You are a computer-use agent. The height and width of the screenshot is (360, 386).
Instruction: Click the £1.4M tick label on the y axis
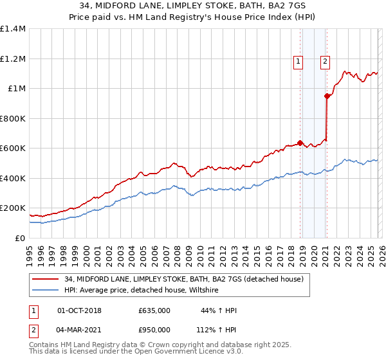[12, 29]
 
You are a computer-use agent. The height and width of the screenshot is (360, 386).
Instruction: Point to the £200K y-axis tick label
[12, 208]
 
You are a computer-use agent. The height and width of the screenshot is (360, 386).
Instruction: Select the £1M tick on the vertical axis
[16, 89]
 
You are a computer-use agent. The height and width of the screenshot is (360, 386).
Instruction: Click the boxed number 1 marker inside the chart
[299, 62]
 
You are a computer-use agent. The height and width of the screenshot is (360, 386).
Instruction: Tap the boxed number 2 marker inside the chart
[325, 62]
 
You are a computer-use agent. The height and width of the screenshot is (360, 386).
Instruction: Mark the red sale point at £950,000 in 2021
[327, 96]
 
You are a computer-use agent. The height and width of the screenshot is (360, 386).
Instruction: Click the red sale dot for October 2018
[300, 143]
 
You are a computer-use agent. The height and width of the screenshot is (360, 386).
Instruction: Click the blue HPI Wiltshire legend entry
[142, 291]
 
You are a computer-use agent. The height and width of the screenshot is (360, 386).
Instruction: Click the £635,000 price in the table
[154, 310]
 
